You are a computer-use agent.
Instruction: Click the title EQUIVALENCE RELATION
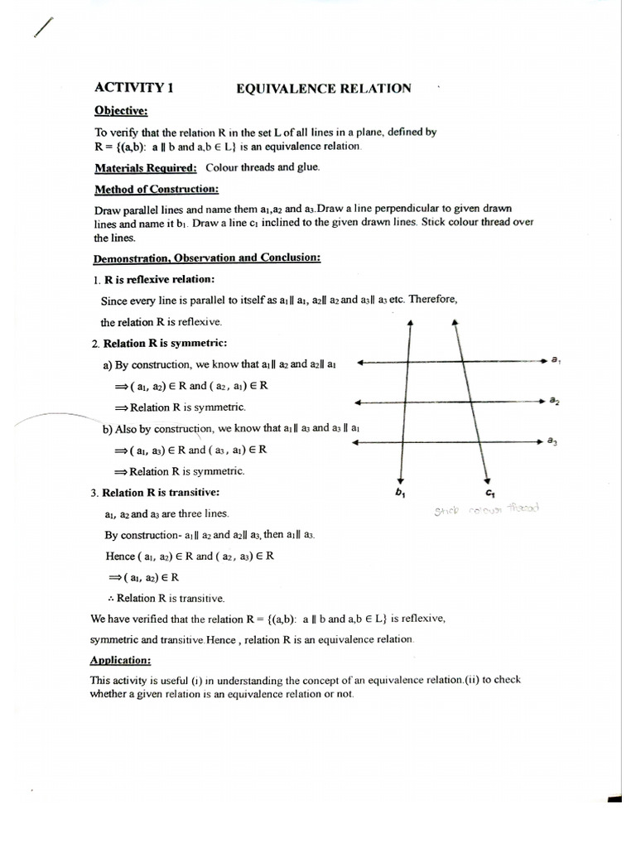(324, 89)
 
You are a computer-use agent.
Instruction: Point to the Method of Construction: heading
(156, 189)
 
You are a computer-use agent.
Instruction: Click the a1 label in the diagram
(556, 360)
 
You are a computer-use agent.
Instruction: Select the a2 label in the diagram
(553, 401)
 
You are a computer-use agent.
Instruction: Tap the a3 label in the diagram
(552, 441)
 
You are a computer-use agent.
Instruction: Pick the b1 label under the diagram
(402, 494)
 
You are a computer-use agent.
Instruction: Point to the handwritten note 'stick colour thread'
(486, 509)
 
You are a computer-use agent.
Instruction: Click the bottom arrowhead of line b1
(401, 480)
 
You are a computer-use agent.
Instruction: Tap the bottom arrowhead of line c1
(489, 480)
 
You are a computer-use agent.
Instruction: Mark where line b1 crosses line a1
(409, 361)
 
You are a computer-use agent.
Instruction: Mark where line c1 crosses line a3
(478, 442)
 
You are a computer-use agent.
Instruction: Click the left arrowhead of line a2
(357, 402)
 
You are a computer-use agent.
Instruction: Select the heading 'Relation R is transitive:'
(155, 493)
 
